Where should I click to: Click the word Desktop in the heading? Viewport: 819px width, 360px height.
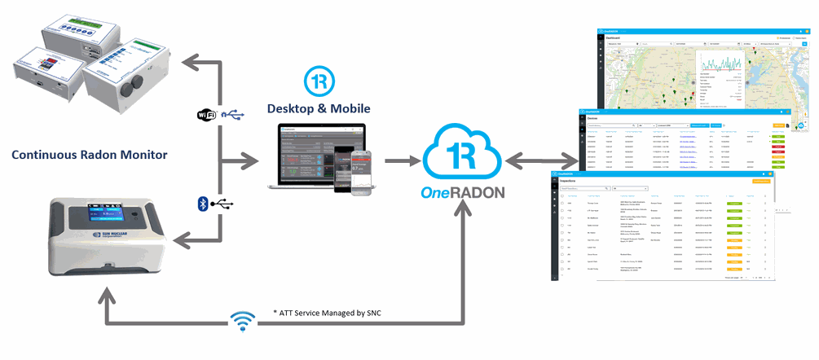(x=297, y=108)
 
